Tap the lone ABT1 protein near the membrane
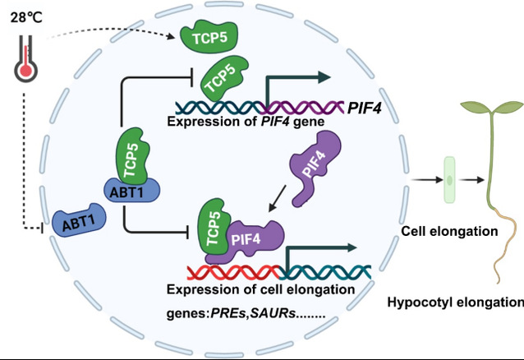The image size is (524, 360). point(79,221)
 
